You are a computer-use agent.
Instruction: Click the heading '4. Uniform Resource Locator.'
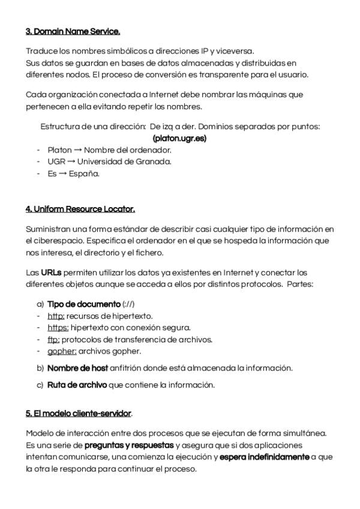click(x=80, y=209)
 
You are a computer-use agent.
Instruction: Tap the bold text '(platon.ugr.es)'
click(x=179, y=138)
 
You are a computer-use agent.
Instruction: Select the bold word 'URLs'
click(x=51, y=273)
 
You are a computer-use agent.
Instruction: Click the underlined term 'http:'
click(x=56, y=316)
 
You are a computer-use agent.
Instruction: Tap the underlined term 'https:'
click(x=58, y=327)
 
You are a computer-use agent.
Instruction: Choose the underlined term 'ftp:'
click(x=53, y=339)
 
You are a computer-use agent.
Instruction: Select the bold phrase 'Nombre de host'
click(x=77, y=367)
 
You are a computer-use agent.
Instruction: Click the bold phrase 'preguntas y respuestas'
click(x=129, y=445)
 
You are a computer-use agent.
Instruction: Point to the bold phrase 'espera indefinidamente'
click(x=264, y=457)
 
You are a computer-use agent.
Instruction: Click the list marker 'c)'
click(x=40, y=385)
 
